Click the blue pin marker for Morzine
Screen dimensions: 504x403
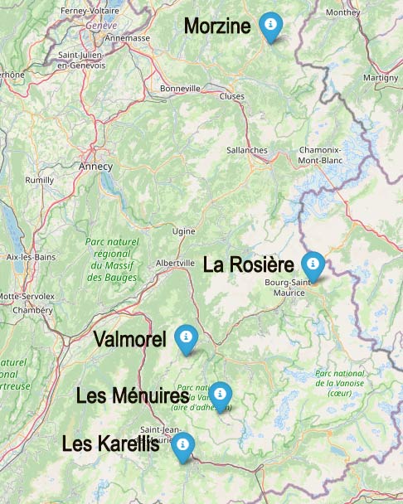269,26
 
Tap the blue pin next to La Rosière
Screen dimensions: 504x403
313,264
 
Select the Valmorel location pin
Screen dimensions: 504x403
186,337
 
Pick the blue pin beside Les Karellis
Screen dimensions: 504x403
182,444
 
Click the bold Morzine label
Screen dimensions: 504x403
217,27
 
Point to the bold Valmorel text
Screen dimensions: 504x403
130,339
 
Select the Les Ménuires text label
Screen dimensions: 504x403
133,396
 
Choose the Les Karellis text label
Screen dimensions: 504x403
110,444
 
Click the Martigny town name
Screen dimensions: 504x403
381,77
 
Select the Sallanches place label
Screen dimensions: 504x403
247,150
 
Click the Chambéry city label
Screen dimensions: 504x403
33,309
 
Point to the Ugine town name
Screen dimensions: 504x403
182,231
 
